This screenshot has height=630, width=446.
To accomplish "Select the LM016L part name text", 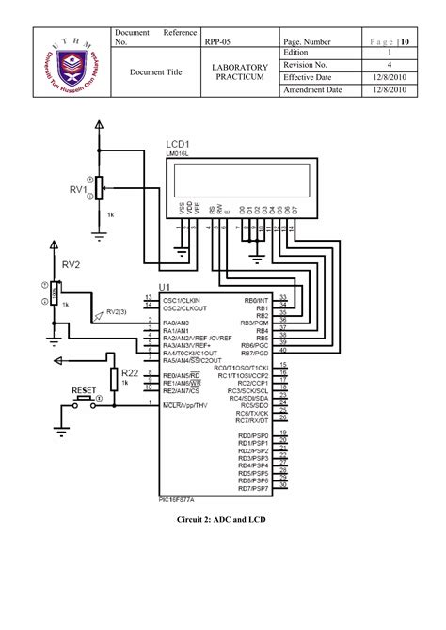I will pos(180,153).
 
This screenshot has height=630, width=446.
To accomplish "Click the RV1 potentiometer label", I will pos(76,189).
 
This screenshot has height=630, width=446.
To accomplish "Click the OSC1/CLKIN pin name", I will pos(184,299).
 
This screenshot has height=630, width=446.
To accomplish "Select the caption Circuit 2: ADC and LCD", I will pos(222,519).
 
